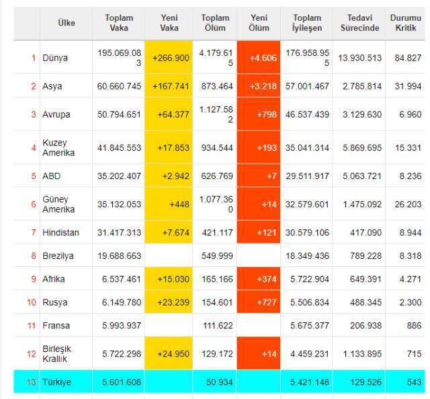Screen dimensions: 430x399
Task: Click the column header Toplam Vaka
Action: [x=119, y=23]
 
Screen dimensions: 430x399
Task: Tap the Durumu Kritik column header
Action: [x=406, y=23]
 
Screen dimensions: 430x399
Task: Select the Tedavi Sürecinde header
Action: [x=360, y=23]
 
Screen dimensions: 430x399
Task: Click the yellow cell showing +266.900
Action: [x=169, y=58]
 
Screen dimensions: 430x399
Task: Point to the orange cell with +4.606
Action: [x=259, y=58]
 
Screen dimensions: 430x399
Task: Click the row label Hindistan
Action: [x=60, y=233]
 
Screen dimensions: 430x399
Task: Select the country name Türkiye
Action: [x=56, y=382]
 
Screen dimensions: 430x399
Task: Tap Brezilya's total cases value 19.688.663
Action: [x=120, y=256]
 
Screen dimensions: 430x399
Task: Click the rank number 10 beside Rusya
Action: [x=32, y=302]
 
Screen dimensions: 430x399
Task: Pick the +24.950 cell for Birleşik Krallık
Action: [x=169, y=353]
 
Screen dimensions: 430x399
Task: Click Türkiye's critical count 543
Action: [x=414, y=382]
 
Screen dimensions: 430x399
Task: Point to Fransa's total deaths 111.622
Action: [x=218, y=326]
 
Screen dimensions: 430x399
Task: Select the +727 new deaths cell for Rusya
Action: [x=259, y=302]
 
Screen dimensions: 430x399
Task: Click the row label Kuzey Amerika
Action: [x=58, y=148]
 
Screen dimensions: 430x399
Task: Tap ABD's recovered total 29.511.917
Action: [x=307, y=176]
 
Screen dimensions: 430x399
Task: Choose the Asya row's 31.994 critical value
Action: [x=408, y=86]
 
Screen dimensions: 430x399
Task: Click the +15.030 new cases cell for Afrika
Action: [x=169, y=279]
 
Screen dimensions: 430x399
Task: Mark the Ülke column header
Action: [x=67, y=22]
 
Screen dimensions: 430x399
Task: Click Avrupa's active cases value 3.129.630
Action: [x=362, y=114]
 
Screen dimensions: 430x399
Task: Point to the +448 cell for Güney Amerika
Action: [x=169, y=204]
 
